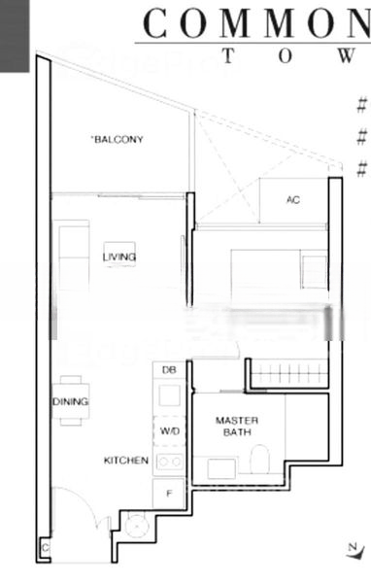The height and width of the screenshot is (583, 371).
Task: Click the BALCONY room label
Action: pyautogui.click(x=118, y=140)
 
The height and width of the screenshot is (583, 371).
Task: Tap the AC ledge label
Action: pyautogui.click(x=293, y=200)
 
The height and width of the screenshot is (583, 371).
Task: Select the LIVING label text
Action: pyautogui.click(x=119, y=257)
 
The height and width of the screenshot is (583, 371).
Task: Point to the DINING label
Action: pyautogui.click(x=71, y=401)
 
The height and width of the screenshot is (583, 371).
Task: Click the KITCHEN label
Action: pyautogui.click(x=126, y=461)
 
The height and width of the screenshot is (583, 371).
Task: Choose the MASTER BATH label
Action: pyautogui.click(x=235, y=426)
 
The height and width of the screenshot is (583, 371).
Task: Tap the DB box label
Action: pyautogui.click(x=169, y=370)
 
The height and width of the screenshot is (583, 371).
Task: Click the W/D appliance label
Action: pyautogui.click(x=169, y=429)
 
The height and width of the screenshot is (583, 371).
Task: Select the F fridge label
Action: pyautogui.click(x=169, y=493)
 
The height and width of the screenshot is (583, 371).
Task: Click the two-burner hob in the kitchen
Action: pyautogui.click(x=169, y=462)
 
